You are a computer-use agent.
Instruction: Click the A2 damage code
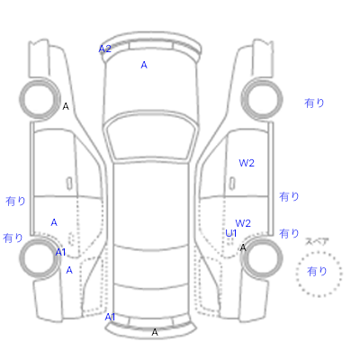[x=105, y=49]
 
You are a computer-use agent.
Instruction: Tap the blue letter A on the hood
[x=144, y=65]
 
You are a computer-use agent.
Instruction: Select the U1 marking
[x=231, y=233]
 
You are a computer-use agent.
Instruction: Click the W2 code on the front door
[x=247, y=163]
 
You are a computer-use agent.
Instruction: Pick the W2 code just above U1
[x=243, y=223]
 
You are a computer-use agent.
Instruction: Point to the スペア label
[x=317, y=241]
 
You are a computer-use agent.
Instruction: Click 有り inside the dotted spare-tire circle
[x=317, y=272]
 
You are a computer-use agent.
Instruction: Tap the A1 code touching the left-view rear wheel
[x=60, y=252]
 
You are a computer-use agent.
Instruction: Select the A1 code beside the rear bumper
[x=110, y=317]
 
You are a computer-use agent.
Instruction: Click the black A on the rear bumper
[x=155, y=332]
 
